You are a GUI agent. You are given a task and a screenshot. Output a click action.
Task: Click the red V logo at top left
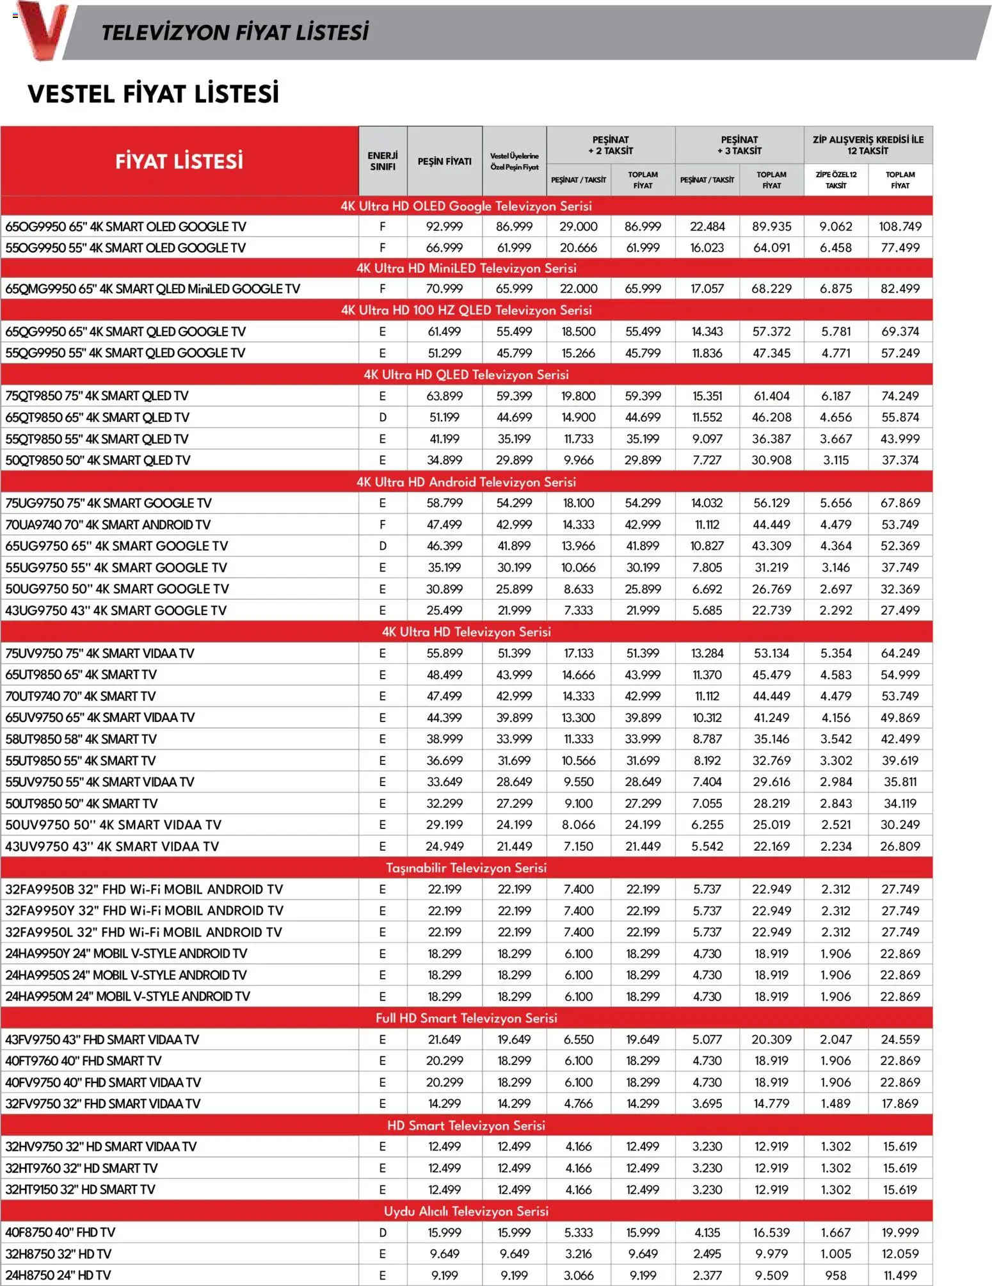click(42, 30)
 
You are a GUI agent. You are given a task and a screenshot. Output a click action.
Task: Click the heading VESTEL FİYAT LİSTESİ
click(153, 93)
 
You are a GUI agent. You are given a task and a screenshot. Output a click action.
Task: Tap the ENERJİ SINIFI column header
click(383, 161)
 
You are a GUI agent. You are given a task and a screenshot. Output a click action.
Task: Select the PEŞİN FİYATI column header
click(444, 161)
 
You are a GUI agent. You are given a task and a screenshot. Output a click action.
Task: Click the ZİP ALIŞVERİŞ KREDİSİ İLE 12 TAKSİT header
click(867, 145)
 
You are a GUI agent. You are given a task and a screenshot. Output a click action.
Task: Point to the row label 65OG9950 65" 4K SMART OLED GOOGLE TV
click(125, 227)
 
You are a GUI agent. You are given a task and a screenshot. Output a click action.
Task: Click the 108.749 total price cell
click(900, 227)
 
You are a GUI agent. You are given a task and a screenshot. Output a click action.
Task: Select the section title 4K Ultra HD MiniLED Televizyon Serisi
click(466, 268)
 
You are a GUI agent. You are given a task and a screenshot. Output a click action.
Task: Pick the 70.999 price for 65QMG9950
click(444, 289)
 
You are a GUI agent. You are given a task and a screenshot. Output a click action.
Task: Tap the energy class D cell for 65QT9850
click(383, 417)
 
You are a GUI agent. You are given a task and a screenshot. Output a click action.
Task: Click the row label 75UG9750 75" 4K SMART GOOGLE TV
click(108, 503)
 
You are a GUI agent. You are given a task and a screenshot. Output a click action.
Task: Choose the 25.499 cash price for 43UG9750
click(444, 611)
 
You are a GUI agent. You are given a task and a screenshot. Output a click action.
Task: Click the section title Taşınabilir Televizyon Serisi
click(466, 868)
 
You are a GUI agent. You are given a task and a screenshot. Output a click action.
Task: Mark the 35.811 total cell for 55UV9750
click(900, 782)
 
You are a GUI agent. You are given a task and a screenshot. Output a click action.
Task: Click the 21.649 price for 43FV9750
click(444, 1040)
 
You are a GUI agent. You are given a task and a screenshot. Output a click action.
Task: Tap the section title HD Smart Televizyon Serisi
click(466, 1125)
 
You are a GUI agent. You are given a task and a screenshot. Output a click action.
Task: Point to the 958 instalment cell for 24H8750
click(836, 1275)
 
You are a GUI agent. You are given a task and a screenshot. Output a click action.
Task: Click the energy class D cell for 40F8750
click(383, 1232)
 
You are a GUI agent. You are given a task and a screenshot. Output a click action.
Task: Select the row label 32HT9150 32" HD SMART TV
click(80, 1189)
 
